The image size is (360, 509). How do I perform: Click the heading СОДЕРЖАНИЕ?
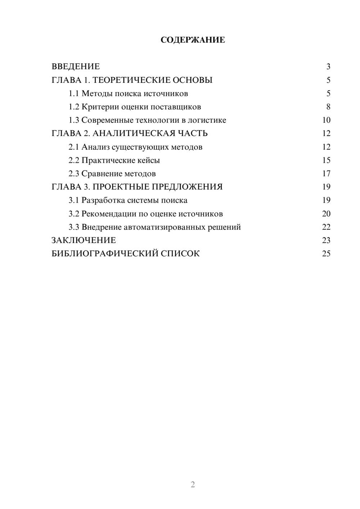[193, 40]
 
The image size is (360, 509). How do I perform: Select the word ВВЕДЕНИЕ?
[76, 67]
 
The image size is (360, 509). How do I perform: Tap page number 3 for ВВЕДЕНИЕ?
[328, 67]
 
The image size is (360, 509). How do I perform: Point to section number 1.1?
[73, 94]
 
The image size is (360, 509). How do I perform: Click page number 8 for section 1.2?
[328, 107]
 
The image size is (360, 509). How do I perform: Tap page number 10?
[326, 120]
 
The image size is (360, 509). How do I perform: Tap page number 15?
[326, 160]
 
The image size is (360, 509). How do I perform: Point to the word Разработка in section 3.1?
[103, 201]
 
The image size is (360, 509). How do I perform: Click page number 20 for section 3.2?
[326, 214]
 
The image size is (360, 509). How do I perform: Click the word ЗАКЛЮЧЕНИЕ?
[84, 240]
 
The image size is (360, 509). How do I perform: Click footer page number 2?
[193, 485]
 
